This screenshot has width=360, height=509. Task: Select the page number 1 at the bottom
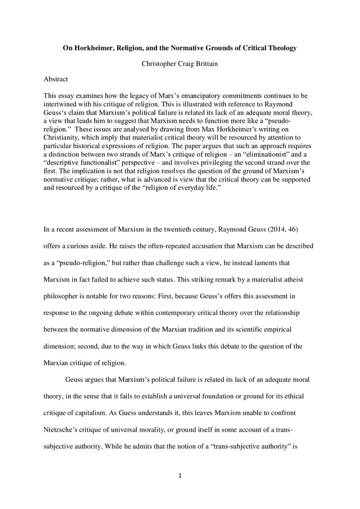[x=180, y=476]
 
